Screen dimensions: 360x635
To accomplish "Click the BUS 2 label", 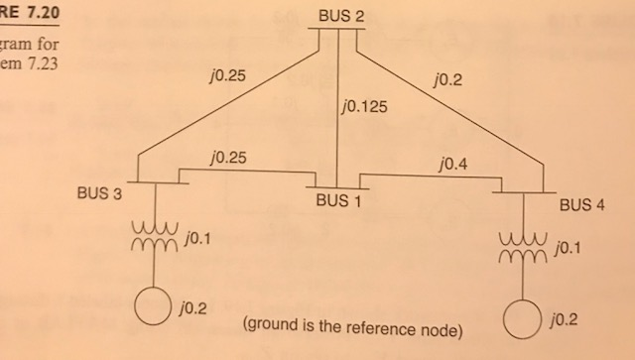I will coord(340,16).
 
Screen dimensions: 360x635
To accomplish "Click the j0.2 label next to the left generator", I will coord(194,308).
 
